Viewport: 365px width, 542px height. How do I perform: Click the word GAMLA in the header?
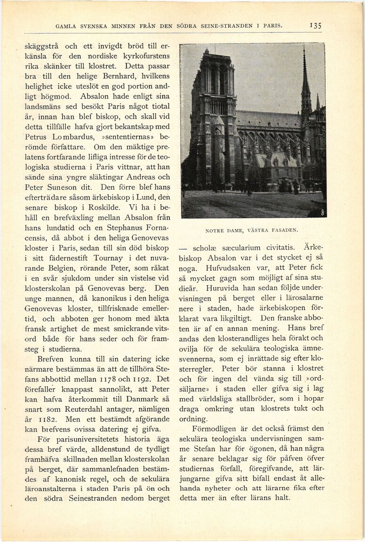coord(66,26)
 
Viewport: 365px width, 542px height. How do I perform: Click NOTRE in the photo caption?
coord(215,230)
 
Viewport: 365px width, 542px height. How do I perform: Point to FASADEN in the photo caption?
coord(284,230)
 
